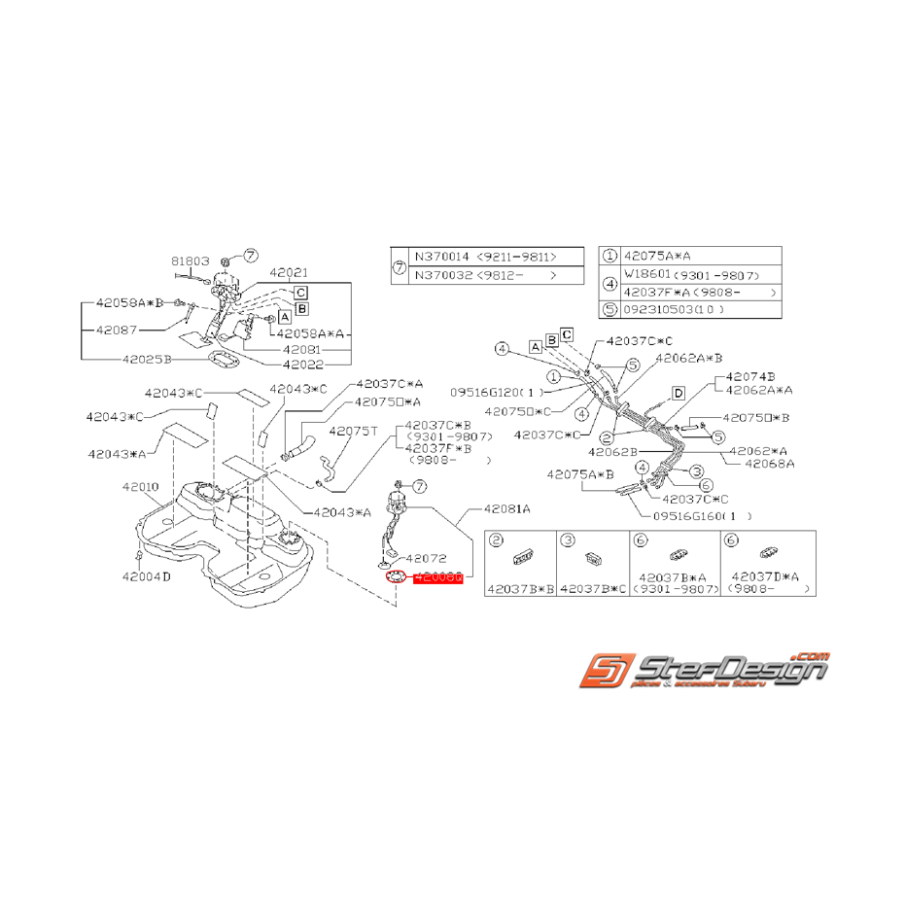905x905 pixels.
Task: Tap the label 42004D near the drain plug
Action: point(146,575)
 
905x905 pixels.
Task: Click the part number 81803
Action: point(191,261)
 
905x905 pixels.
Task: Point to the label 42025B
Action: point(147,359)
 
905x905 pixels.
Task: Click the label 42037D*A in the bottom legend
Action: point(764,576)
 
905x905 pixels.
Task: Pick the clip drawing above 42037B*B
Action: point(520,554)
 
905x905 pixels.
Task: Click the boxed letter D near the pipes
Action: point(679,393)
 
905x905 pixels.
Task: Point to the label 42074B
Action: point(748,376)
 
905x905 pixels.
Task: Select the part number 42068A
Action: point(770,464)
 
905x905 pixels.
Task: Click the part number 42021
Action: point(289,273)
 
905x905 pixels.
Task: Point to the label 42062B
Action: point(611,452)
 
